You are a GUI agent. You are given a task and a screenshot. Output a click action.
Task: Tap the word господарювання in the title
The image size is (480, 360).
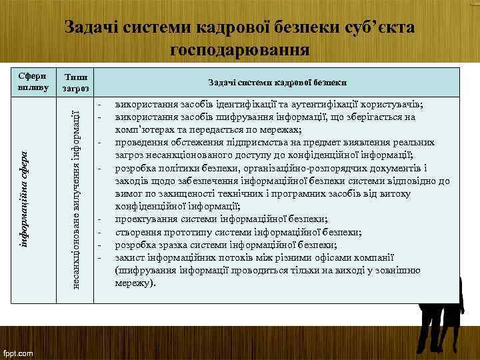pyautogui.click(x=240, y=49)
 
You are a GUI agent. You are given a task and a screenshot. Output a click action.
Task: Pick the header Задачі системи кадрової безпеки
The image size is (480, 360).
pyautogui.click(x=277, y=82)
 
